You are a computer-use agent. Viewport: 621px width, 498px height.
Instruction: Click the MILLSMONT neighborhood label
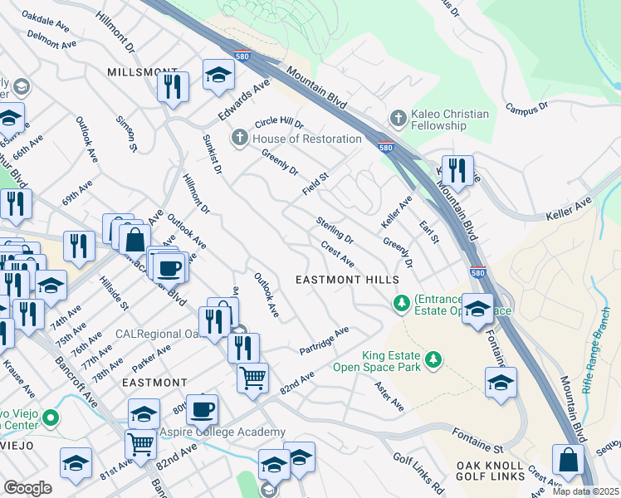(143, 73)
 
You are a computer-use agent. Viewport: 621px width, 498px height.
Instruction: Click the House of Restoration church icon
(240, 138)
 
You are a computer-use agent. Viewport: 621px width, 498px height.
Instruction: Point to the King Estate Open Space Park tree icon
(432, 359)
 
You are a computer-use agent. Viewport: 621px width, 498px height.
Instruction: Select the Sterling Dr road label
(335, 230)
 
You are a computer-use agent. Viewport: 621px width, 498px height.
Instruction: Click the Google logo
(28, 488)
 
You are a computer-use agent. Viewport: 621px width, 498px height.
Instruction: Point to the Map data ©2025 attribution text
(585, 491)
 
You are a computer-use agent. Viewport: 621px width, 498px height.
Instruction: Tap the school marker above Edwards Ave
(218, 75)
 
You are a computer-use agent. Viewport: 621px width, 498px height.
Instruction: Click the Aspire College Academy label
(222, 432)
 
